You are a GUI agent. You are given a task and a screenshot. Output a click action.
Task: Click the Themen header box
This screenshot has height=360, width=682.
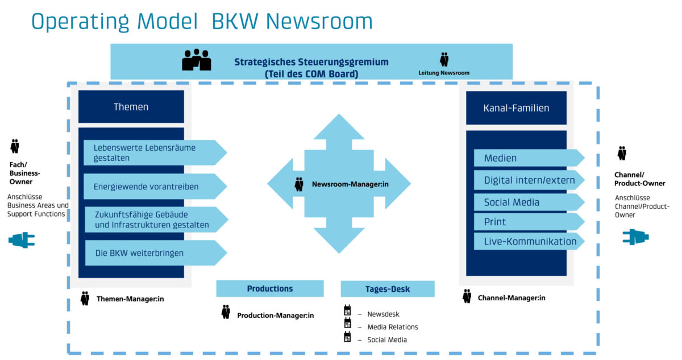(131, 106)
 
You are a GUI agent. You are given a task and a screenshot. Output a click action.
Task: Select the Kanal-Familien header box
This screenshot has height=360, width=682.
(516, 107)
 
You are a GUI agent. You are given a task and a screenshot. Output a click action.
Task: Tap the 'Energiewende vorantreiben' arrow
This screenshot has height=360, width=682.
(153, 187)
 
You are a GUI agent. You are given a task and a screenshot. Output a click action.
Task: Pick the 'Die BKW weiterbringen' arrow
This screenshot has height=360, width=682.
(153, 253)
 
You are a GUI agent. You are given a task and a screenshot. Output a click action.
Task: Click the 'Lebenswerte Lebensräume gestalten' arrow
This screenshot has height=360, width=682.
(153, 152)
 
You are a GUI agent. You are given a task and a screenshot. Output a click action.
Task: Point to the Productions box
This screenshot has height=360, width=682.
(269, 288)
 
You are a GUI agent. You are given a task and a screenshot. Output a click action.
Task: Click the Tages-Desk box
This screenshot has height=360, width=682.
(388, 289)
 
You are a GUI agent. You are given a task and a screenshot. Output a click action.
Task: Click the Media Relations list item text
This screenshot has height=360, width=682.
(392, 327)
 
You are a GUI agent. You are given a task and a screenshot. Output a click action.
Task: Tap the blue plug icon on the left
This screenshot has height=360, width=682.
(22, 240)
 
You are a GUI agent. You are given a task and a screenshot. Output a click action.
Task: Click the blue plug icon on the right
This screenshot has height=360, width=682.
(635, 237)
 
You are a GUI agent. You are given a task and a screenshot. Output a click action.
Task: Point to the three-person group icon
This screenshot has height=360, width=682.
(196, 60)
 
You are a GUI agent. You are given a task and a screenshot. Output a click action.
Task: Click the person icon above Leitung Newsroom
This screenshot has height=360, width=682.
(444, 59)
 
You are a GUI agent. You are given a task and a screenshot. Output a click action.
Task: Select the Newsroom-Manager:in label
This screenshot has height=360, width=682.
(350, 184)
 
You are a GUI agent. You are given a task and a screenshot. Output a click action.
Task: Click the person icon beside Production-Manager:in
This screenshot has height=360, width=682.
(226, 312)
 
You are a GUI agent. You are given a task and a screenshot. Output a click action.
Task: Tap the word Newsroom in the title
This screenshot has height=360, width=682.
(319, 21)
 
